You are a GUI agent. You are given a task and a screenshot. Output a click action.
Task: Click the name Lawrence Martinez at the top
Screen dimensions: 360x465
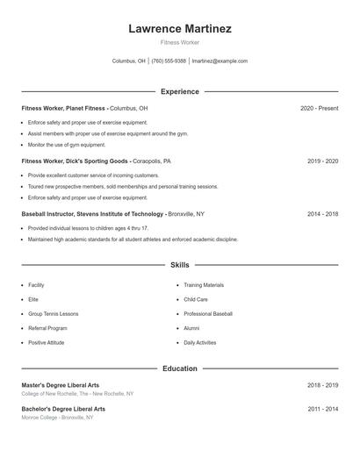coord(180,28)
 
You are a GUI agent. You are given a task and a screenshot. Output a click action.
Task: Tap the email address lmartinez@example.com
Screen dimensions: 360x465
coord(220,61)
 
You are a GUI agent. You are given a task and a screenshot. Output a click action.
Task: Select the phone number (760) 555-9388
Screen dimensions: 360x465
coord(169,61)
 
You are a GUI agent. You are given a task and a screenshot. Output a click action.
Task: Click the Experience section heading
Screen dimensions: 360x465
coord(180,91)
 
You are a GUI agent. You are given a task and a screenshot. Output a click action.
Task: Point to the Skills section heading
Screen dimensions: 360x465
coord(180,264)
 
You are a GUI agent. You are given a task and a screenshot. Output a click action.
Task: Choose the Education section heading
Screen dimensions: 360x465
coord(180,368)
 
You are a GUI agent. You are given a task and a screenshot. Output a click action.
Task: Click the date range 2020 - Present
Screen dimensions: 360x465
coord(319,108)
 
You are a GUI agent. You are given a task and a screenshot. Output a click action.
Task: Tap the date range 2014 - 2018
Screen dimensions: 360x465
coord(322,213)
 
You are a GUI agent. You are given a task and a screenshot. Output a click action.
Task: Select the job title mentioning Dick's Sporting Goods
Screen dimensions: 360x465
coord(96,161)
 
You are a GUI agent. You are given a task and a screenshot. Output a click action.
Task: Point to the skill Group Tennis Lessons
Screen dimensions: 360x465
coord(53,313)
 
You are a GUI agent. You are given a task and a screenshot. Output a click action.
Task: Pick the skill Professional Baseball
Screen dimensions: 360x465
coord(208,313)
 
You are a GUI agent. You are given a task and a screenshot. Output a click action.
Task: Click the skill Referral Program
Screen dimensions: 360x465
coord(47,328)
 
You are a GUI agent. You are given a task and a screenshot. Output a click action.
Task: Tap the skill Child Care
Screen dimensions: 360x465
coord(196,299)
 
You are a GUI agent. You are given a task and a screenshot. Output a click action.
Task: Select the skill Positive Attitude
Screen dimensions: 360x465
coord(47,342)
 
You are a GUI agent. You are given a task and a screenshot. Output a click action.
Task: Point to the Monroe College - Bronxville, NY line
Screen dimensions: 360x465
coord(57,417)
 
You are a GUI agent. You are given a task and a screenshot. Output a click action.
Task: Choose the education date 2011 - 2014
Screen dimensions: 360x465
coord(322,409)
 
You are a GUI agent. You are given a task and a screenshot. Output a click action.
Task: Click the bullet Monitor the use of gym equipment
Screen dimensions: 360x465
coord(66,145)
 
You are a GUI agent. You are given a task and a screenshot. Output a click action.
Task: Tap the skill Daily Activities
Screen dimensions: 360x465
coord(199,342)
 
